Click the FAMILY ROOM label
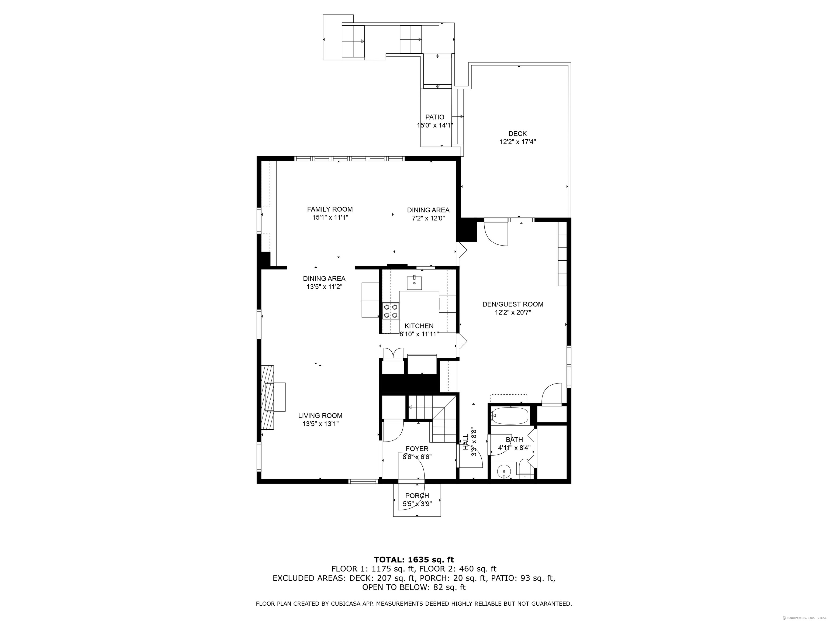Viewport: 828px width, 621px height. pyautogui.click(x=330, y=209)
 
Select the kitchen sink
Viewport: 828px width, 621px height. pyautogui.click(x=414, y=283)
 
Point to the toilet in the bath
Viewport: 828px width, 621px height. pyautogui.click(x=526, y=471)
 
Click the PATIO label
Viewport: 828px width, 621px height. pyautogui.click(x=434, y=117)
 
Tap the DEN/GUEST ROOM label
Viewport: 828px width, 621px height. pyautogui.click(x=513, y=304)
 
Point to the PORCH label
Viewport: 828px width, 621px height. pyautogui.click(x=417, y=496)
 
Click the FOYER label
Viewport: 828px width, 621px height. pyautogui.click(x=417, y=448)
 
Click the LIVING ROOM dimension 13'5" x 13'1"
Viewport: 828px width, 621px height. pyautogui.click(x=320, y=424)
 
